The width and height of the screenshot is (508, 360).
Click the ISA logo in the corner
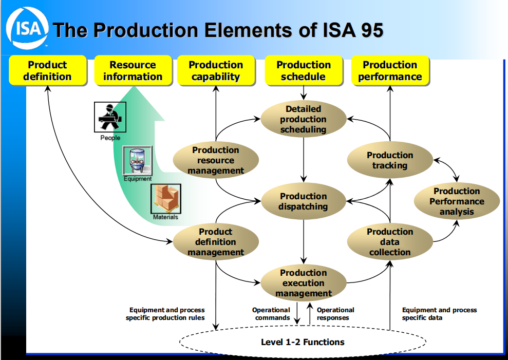click(27, 28)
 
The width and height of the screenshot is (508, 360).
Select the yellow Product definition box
click(48, 70)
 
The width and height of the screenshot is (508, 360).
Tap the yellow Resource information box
click(133, 70)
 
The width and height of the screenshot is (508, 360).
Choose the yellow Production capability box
click(216, 70)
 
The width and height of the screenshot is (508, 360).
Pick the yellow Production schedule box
click(304, 70)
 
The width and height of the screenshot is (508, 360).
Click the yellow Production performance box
click(390, 70)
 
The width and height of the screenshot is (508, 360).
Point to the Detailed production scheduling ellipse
click(303, 119)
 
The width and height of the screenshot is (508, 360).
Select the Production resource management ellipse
click(216, 160)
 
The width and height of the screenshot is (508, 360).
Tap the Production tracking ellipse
click(390, 160)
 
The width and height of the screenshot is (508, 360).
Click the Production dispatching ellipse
click(303, 201)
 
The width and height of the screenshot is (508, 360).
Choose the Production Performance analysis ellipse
click(457, 201)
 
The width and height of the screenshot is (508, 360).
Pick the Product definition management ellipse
click(216, 242)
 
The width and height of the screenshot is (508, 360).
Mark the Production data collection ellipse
click(390, 242)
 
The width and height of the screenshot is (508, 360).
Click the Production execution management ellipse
click(303, 283)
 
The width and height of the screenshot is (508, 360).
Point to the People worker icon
click(110, 117)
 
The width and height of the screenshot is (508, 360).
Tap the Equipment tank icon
click(137, 161)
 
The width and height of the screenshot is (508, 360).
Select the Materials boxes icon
click(166, 199)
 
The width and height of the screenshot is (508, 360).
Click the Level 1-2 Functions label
click(303, 342)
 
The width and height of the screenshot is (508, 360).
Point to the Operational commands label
click(271, 314)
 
